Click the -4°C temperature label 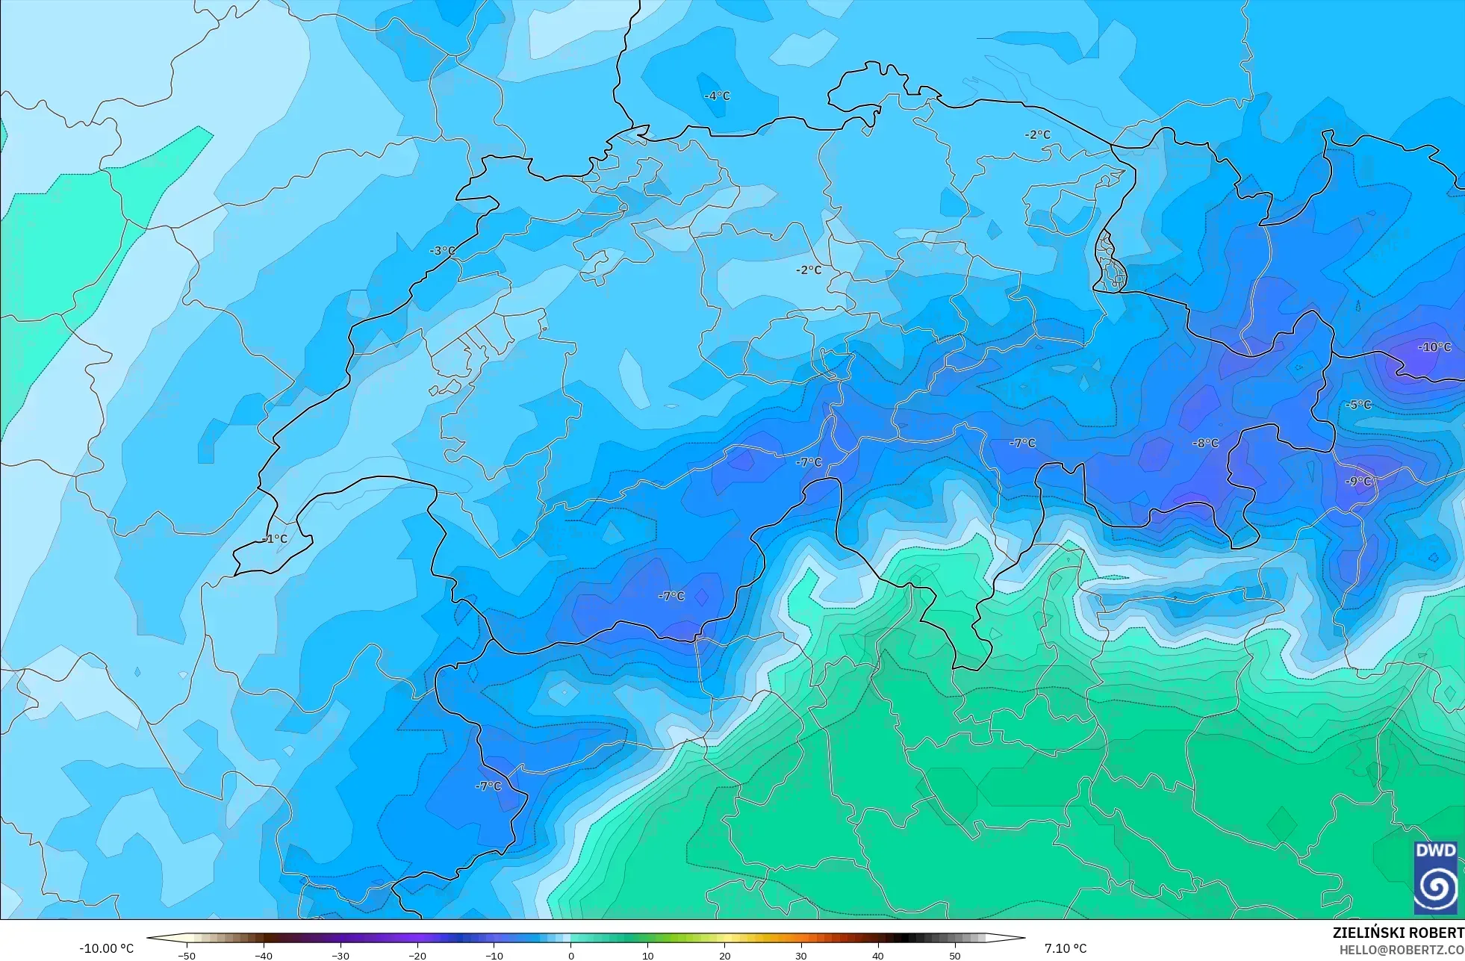(x=717, y=96)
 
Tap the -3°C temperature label (x=442, y=251)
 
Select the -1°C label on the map (x=275, y=538)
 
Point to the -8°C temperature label (x=1205, y=444)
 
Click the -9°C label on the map (x=1358, y=482)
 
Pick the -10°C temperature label (x=1434, y=347)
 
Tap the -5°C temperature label (x=1358, y=405)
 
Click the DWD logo (x=1435, y=877)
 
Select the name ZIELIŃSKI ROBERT (x=1398, y=933)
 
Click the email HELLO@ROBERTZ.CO (x=1401, y=950)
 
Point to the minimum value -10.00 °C (x=106, y=948)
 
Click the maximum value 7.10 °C (x=1066, y=948)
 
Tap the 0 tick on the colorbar (x=571, y=956)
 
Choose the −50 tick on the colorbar (x=187, y=956)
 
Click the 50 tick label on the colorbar (x=955, y=956)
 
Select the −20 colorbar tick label (x=417, y=956)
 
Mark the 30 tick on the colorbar (x=801, y=956)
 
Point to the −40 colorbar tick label (x=264, y=956)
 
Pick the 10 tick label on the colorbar (x=648, y=956)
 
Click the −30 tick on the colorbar (x=340, y=956)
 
